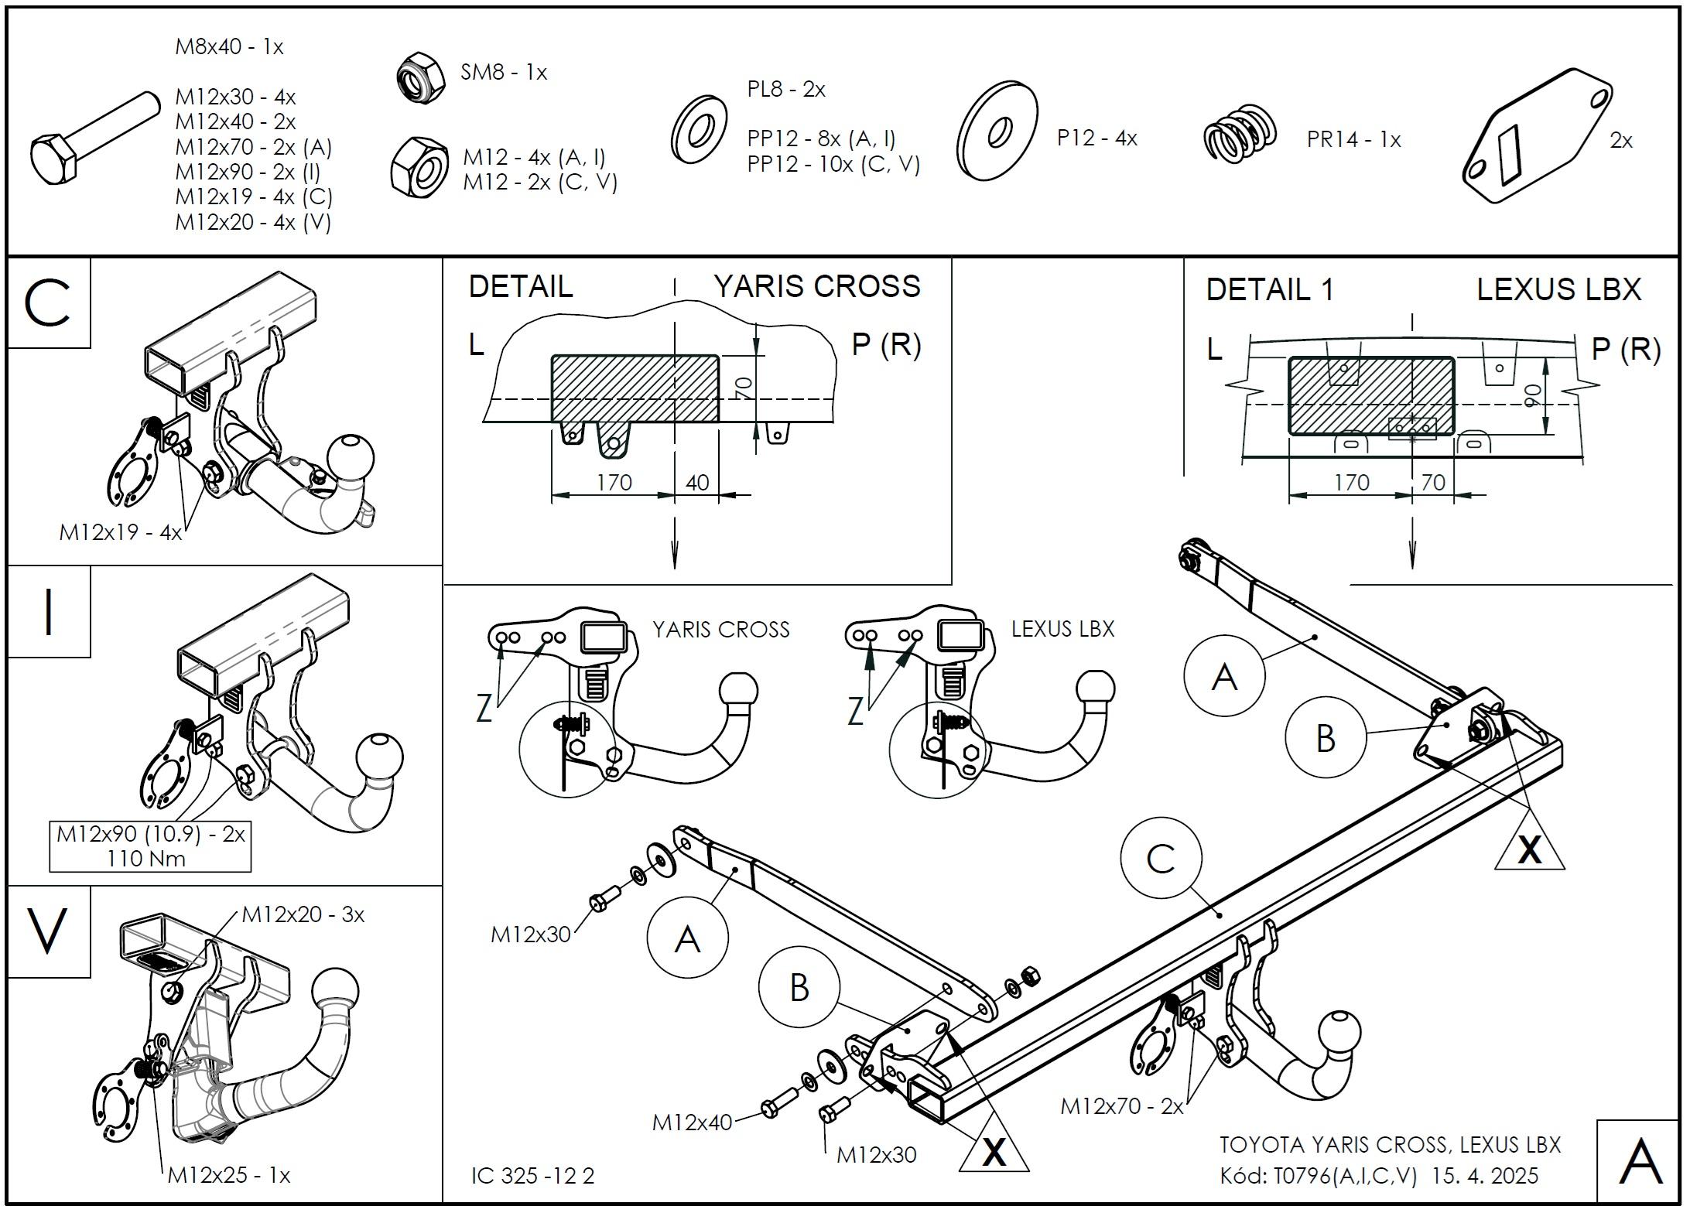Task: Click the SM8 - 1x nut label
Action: [504, 73]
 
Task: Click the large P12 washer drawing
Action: [997, 131]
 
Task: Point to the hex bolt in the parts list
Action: [92, 141]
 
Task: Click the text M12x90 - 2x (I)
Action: [247, 171]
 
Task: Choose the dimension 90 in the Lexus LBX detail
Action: [1530, 396]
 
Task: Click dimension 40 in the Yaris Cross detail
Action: [697, 483]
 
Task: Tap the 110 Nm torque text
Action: [146, 858]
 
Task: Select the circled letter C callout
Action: [1160, 859]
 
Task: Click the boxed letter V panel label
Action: [48, 931]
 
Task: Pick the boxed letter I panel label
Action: [49, 612]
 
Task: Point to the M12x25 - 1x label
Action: [229, 1175]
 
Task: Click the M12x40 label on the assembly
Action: [692, 1122]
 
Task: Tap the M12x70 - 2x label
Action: [1121, 1106]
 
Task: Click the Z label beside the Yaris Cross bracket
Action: [484, 708]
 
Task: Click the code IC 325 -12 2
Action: [533, 1176]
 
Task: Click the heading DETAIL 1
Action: [1270, 289]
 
